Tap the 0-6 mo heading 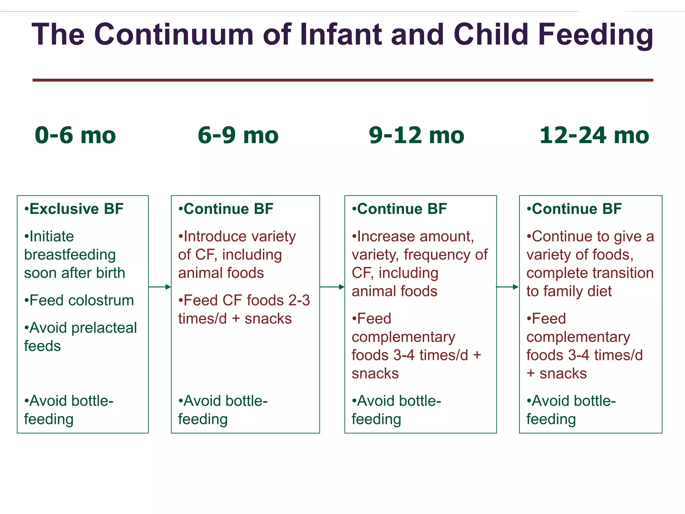75,135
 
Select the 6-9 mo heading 238,135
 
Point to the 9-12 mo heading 416,135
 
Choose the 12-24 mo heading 594,135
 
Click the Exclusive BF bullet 74,209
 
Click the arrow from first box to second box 160,287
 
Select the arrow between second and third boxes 332,287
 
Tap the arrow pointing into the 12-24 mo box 507,287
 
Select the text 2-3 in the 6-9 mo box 299,300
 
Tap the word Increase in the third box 386,236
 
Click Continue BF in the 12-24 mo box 574,209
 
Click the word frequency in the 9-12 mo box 437,255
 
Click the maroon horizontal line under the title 342,80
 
